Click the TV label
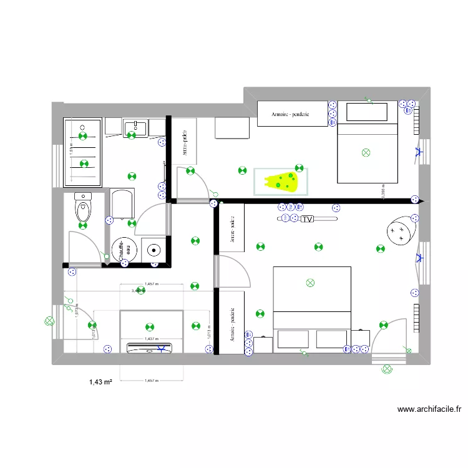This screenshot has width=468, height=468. point(306,220)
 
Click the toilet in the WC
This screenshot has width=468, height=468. point(82,208)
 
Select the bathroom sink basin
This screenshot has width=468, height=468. point(135,129)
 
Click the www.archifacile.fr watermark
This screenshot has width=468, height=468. point(429,409)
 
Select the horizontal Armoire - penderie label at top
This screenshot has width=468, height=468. point(291,114)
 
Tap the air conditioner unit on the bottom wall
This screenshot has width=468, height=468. point(150,347)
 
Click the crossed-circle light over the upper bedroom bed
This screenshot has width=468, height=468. point(366,152)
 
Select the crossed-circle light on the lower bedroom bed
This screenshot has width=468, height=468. point(311,283)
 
